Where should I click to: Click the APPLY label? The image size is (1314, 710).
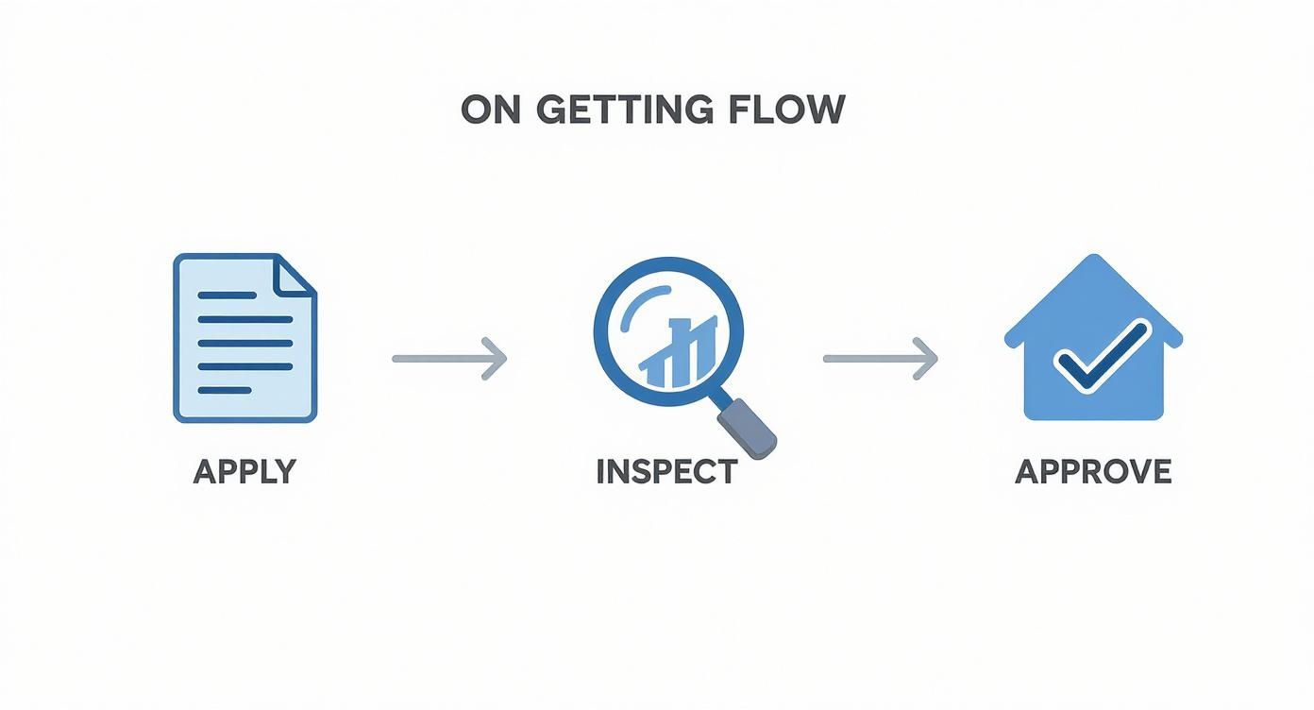coord(244,471)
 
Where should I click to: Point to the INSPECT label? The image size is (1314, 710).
coord(666,471)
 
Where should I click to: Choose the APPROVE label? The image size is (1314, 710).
coord(1093,471)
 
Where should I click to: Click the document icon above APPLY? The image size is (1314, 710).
coord(244,337)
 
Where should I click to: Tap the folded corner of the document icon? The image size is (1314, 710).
coord(295,275)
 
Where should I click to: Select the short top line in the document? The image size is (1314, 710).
coord(226,296)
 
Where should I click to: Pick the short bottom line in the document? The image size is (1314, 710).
coord(224,389)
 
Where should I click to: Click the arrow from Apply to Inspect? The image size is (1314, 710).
coord(449,359)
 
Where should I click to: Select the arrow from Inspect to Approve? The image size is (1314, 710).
coord(880,359)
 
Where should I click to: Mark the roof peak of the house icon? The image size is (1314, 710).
coord(1093,260)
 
